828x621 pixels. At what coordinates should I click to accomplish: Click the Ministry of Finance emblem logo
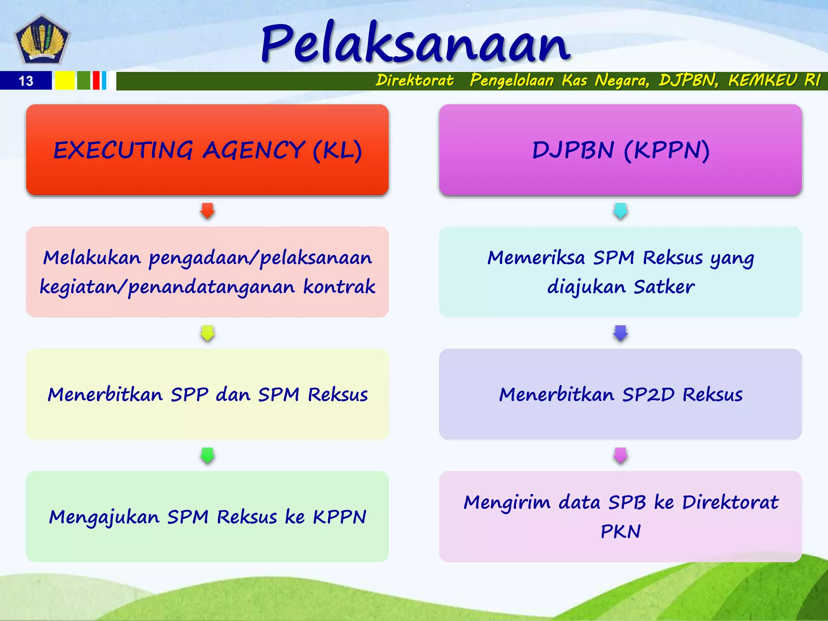(x=42, y=39)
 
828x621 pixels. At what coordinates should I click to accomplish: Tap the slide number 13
(x=26, y=81)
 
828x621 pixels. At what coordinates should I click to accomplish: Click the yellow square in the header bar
(x=65, y=80)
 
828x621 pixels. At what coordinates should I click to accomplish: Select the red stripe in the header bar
(x=96, y=80)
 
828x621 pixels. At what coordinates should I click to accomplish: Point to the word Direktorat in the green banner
(x=414, y=80)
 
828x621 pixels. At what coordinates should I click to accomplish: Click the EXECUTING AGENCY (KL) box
(x=207, y=150)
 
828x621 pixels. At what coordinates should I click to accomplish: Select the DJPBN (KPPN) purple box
(x=620, y=150)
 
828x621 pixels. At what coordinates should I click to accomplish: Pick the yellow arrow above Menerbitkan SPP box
(x=207, y=333)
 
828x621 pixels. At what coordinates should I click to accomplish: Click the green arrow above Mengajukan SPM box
(x=207, y=455)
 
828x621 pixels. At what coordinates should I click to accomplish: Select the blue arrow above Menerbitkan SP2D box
(x=620, y=333)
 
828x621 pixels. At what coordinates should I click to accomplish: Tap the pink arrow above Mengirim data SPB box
(x=620, y=455)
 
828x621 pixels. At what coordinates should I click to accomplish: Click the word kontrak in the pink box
(x=339, y=287)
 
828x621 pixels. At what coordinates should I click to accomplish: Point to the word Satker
(x=664, y=287)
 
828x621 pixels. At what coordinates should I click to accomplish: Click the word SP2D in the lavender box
(x=648, y=395)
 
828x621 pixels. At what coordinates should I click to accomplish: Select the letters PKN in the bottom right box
(x=620, y=531)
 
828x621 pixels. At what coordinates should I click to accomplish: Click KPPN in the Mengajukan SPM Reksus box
(x=339, y=517)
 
